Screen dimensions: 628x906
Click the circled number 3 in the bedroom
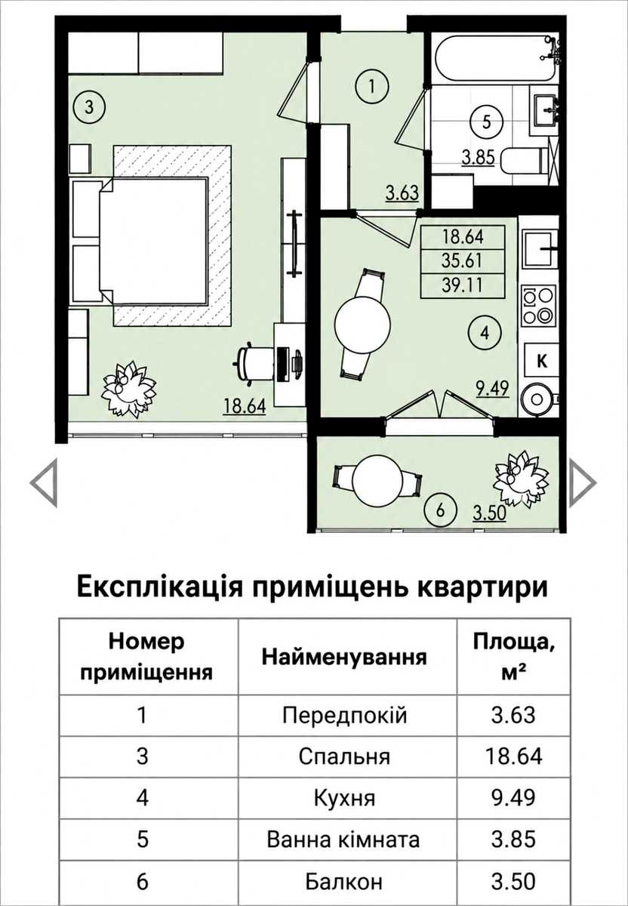tap(89, 107)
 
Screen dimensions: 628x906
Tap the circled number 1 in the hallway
tap(372, 87)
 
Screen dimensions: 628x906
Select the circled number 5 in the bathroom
tap(486, 122)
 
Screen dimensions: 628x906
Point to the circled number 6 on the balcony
tap(441, 510)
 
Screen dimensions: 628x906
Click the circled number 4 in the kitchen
tap(485, 333)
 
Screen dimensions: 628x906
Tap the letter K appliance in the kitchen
tap(542, 360)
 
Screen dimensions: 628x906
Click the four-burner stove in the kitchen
tap(539, 305)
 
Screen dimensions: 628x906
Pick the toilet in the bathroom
tap(524, 161)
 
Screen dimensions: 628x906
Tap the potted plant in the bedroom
tap(128, 388)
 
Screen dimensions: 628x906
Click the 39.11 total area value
tap(463, 286)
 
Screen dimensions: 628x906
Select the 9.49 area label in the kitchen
tap(492, 388)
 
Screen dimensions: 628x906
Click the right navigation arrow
tap(582, 482)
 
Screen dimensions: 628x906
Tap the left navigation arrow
tap(44, 482)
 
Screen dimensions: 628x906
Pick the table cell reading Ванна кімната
tap(343, 840)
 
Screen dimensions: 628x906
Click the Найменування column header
tap(344, 658)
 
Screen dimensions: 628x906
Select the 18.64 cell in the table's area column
tap(513, 756)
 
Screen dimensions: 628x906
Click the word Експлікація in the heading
tap(160, 587)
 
